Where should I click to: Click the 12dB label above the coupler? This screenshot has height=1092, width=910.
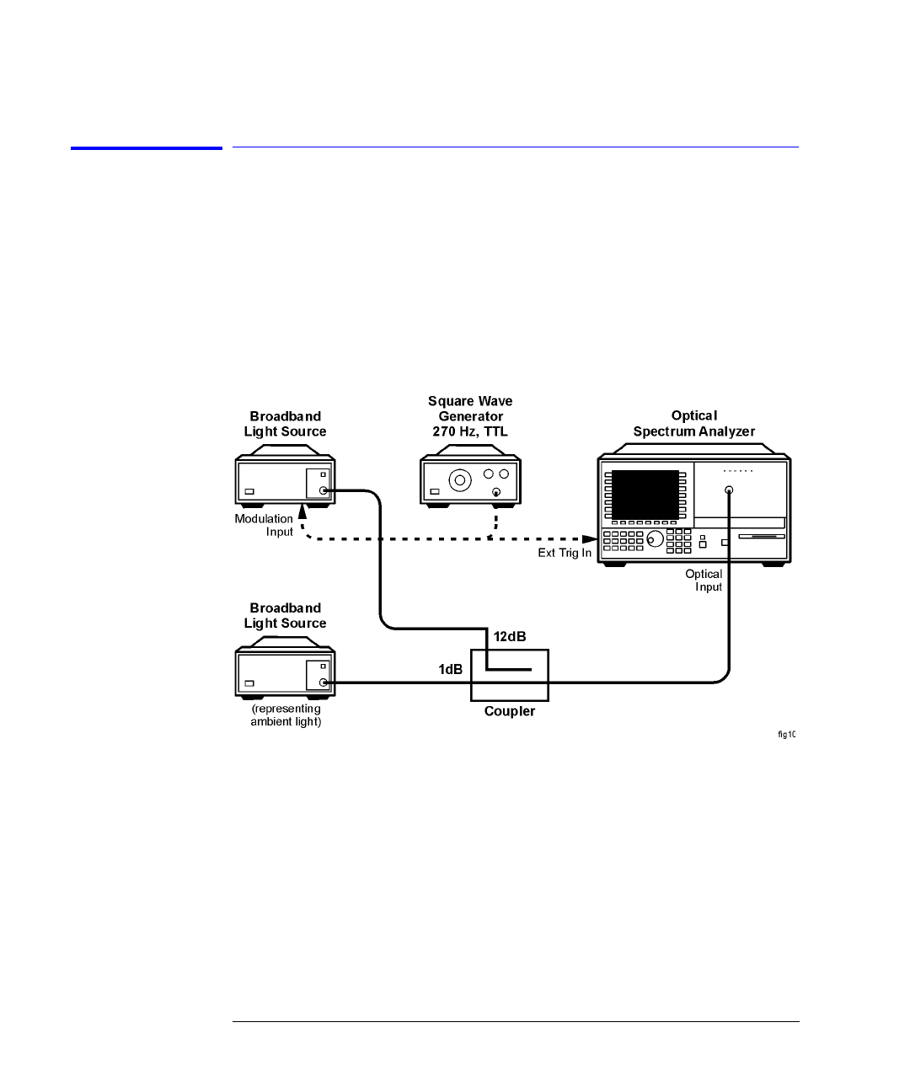click(510, 637)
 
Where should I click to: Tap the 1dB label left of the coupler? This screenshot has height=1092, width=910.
click(450, 669)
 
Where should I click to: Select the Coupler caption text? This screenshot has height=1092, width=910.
click(509, 711)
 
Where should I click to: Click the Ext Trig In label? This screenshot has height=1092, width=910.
click(565, 553)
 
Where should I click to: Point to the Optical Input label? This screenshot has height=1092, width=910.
click(704, 581)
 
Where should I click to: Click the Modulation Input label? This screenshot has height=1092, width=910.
click(265, 525)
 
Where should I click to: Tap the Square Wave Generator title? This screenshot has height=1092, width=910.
click(470, 416)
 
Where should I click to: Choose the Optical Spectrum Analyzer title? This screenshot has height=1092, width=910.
click(693, 424)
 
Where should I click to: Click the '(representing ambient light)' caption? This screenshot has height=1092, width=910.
click(286, 715)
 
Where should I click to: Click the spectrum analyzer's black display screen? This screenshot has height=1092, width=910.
click(645, 495)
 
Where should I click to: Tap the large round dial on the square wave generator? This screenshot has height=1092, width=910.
click(459, 481)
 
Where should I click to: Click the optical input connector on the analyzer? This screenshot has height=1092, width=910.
click(729, 490)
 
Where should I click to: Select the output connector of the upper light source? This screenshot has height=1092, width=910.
click(324, 490)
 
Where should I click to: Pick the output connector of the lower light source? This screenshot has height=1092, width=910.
click(324, 682)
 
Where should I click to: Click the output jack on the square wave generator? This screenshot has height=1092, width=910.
click(496, 492)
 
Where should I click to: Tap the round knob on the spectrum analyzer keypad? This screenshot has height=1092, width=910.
click(653, 538)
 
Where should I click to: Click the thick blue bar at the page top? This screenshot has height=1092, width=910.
click(147, 148)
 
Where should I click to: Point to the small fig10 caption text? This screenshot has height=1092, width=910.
click(786, 735)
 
